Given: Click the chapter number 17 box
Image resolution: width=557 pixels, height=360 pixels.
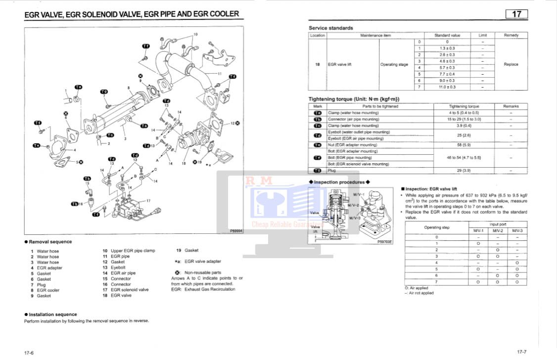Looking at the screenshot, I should (x=516, y=14).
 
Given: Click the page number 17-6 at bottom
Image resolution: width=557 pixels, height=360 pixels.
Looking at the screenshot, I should (x=29, y=353).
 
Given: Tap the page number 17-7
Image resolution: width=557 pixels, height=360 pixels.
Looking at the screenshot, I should (x=522, y=352).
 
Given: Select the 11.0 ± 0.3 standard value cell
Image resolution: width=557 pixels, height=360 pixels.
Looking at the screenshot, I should (x=447, y=87).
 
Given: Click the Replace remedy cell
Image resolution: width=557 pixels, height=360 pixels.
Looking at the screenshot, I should (x=511, y=64).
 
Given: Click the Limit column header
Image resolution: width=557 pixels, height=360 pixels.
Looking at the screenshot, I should (x=482, y=36).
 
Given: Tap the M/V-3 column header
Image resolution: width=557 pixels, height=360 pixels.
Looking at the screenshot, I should (x=517, y=231).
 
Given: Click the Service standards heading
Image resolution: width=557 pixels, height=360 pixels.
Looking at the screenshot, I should (x=331, y=28).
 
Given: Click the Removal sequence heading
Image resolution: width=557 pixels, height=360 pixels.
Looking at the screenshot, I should (x=50, y=242).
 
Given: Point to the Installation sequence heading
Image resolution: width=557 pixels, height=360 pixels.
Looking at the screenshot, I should (x=52, y=315).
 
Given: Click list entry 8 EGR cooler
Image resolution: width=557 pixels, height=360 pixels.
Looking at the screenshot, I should (x=45, y=290).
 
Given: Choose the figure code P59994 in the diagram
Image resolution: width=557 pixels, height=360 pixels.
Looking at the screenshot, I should (x=236, y=230).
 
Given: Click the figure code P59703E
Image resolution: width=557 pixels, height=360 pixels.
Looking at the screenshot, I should (x=384, y=242).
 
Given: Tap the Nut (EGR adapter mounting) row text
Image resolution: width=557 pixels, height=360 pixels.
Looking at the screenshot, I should (x=352, y=145).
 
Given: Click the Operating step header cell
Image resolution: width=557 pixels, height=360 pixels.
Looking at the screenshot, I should (x=437, y=227).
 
